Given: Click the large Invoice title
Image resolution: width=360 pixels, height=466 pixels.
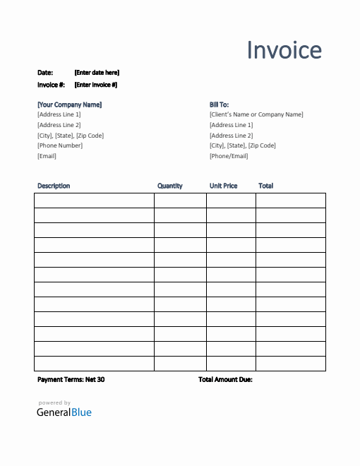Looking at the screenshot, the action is click(284, 50).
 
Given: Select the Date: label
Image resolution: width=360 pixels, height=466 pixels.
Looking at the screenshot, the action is click(45, 73).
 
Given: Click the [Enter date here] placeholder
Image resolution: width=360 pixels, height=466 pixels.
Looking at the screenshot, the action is click(97, 73).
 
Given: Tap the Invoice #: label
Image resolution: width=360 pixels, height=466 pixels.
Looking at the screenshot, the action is click(51, 85).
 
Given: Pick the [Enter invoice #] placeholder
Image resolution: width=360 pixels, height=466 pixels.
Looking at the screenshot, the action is click(96, 85).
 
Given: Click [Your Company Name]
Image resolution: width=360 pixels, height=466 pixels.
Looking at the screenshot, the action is click(69, 104).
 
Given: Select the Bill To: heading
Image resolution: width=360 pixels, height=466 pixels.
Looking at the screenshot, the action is click(219, 104).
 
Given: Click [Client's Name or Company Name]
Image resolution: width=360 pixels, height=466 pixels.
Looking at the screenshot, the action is click(256, 114).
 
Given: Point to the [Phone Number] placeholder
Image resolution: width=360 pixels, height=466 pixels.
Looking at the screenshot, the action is click(60, 145).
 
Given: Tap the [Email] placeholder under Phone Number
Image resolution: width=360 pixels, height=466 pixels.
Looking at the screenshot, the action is click(47, 156).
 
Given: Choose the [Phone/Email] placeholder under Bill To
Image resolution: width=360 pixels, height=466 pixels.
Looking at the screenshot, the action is click(229, 156).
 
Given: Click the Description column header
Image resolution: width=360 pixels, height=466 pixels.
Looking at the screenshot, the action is click(54, 186).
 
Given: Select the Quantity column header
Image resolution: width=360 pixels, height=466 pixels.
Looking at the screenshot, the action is click(170, 186).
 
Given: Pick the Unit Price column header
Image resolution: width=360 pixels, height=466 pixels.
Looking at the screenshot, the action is click(224, 186).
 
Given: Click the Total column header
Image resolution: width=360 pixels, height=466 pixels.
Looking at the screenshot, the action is click(266, 186).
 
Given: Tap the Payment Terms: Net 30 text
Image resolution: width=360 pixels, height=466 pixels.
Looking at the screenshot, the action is click(71, 379).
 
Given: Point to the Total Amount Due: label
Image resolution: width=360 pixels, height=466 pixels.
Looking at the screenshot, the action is click(225, 379).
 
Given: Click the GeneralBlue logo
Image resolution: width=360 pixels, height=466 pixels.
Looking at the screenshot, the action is click(64, 412).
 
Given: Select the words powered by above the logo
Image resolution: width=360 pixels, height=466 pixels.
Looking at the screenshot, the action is click(54, 403).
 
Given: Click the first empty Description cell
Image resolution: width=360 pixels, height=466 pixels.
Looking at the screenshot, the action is click(94, 201).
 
